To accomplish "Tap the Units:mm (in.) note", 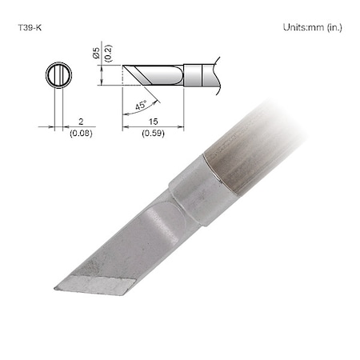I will click(313, 27).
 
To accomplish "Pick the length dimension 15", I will click(153, 122).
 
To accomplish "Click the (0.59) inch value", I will click(153, 134).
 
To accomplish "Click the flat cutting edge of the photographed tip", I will click(92, 286).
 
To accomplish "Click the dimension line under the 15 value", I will click(153, 127).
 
